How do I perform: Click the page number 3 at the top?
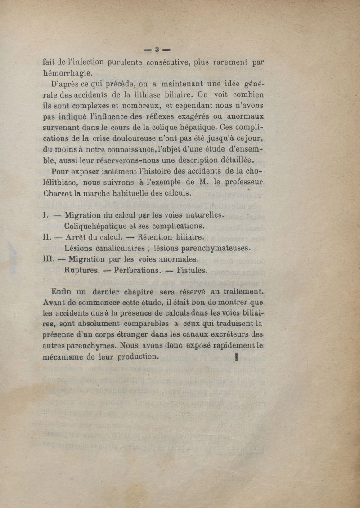(157, 49)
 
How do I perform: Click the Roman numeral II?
(46, 237)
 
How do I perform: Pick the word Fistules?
(192, 271)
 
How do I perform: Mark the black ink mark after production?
(236, 357)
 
